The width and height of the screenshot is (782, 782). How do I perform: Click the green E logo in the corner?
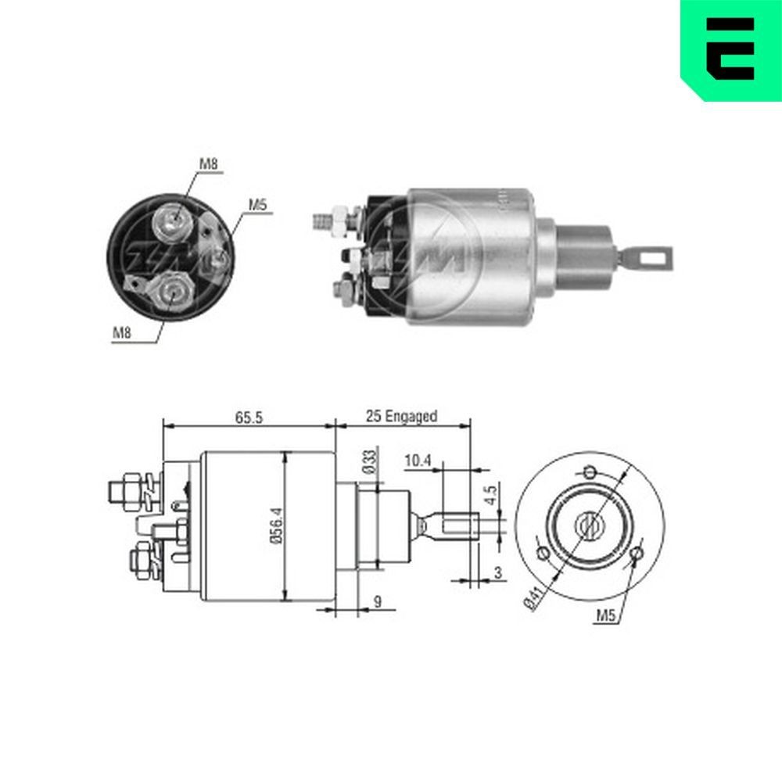(x=730, y=48)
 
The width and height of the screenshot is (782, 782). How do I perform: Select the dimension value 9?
(x=378, y=602)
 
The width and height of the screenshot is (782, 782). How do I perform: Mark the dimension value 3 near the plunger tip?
(x=498, y=572)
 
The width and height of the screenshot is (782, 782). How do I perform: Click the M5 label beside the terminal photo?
(x=258, y=205)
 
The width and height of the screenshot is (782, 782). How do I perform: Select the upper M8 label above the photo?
(x=207, y=163)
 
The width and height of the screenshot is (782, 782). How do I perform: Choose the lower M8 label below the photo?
(x=121, y=333)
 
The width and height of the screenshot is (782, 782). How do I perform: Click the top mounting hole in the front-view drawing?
(x=590, y=472)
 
